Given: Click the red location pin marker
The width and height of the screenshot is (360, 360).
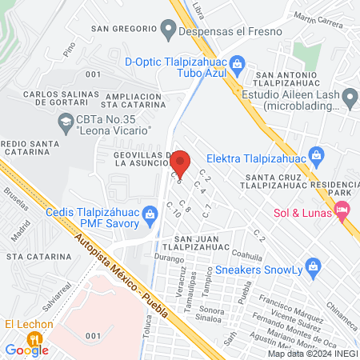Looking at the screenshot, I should pos(181,162).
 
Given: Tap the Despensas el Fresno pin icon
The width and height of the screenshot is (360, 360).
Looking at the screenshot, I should pos(168,31).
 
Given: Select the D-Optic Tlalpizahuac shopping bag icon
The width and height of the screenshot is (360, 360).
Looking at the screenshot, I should pos(236,62).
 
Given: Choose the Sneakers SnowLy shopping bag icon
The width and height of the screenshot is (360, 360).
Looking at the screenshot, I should pos(314,264).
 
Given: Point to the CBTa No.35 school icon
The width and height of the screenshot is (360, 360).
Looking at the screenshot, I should pos(66,123).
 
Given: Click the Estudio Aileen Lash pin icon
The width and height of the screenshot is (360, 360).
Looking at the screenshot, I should pos(350,99).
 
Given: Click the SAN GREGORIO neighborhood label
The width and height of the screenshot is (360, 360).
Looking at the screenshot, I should pos(122,29).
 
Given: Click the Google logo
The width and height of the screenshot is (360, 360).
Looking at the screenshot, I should pos(26,349).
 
